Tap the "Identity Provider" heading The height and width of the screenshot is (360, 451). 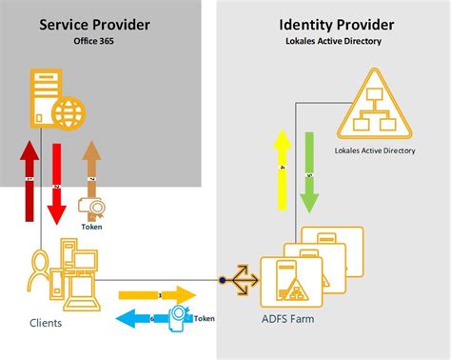tap(331, 24)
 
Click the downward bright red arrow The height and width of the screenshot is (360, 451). tap(56, 180)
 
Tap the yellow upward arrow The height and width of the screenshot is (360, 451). tap(282, 170)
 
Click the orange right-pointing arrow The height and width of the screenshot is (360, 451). tap(157, 295)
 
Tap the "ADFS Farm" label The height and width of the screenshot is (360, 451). tap(288, 319)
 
